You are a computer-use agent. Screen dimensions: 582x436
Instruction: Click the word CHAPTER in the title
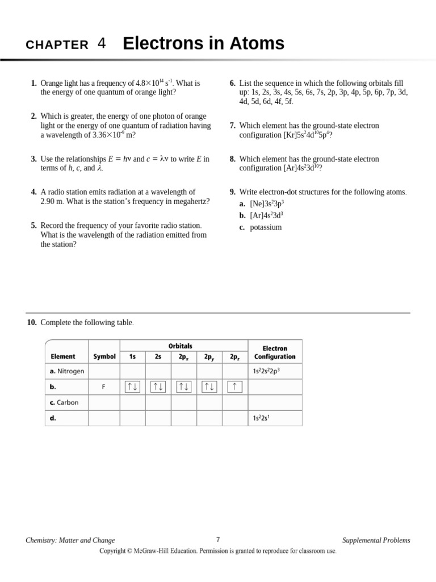point(57,45)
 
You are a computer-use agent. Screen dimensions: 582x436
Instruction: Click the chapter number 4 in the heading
point(102,44)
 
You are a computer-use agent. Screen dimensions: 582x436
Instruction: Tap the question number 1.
point(33,84)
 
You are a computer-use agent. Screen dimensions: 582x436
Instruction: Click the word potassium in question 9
point(266,227)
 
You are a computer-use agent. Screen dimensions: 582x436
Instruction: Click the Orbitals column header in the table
point(180,346)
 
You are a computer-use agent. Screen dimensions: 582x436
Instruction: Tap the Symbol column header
point(104,356)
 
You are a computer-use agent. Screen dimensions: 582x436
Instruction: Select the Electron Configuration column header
point(275,352)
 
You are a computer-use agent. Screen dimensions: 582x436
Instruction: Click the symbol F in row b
point(104,387)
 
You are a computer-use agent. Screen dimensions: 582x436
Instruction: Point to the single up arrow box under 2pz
point(235,387)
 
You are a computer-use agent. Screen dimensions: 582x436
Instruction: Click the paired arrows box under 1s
point(133,387)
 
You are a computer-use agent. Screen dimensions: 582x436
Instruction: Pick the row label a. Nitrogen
point(67,371)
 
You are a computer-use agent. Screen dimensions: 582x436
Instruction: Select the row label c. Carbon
point(64,402)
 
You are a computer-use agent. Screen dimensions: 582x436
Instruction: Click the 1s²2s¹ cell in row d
point(261,418)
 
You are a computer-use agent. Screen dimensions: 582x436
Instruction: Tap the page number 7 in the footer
point(218,540)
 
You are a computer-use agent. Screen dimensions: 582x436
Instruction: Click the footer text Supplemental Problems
point(376,541)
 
